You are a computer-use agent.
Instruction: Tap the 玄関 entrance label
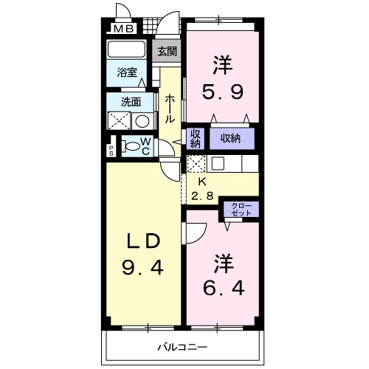pos(166,52)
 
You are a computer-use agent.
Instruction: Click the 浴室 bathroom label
pos(126,72)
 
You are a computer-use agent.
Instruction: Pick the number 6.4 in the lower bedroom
pos(221,286)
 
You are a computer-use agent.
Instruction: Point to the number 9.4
pos(142,267)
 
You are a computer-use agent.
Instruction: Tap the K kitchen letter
pos(201,182)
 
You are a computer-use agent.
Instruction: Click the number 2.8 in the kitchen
pos(204,196)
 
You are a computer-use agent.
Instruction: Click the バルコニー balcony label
pos(182,346)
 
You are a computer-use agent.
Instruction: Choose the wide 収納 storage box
pos(231,137)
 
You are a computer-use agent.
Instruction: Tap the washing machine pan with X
pos(120,122)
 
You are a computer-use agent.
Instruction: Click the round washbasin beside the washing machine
pos(143,122)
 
